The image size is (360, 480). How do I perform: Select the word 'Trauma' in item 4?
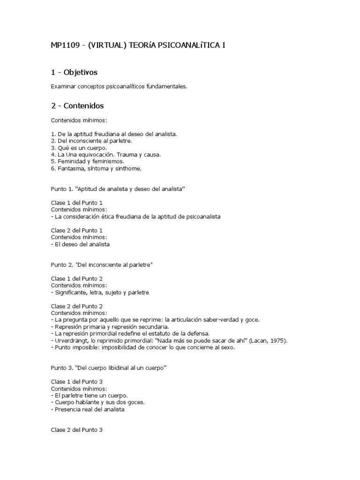tap(128, 154)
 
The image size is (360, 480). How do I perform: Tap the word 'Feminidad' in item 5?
tap(70, 161)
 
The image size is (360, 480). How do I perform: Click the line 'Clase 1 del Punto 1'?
tap(76, 202)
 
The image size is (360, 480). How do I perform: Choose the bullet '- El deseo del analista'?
tap(80, 244)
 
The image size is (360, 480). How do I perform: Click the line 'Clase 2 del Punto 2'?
tap(76, 306)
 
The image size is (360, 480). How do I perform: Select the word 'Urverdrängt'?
tap(70, 340)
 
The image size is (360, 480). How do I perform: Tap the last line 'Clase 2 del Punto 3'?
tap(76, 430)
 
